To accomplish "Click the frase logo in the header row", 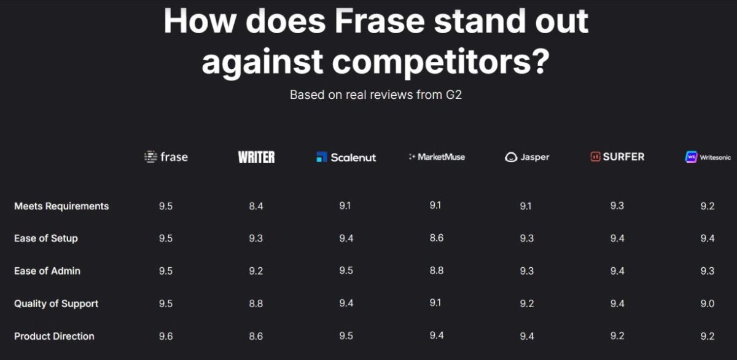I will click(166, 157).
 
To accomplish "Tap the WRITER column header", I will click(256, 157).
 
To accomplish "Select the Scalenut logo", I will click(346, 157).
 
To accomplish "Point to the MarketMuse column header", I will click(437, 157).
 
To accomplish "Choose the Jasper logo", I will click(527, 157).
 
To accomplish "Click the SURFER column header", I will click(617, 157).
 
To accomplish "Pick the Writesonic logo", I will click(708, 157).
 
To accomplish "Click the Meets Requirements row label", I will click(61, 206).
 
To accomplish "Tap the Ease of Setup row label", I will click(46, 238).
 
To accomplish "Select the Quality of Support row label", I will click(56, 303).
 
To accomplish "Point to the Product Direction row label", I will click(54, 336).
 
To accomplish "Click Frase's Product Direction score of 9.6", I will click(166, 336).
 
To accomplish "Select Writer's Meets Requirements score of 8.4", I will click(256, 206).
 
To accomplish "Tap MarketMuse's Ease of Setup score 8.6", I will click(437, 238).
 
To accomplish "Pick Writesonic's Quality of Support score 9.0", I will click(708, 303).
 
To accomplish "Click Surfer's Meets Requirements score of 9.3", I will click(617, 206).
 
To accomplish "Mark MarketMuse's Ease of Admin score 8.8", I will click(437, 270).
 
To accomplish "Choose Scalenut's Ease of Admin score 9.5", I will click(346, 271).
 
